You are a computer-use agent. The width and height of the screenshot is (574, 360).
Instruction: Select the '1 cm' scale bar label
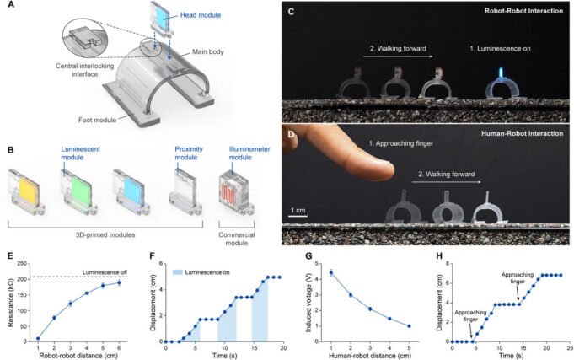coord(301,207)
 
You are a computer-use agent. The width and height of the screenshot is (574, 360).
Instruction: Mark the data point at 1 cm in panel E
coord(38,339)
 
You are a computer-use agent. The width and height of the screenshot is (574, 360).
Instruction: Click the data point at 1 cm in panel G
coord(331,272)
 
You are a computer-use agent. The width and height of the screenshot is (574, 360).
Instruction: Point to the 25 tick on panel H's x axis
coord(569,347)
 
